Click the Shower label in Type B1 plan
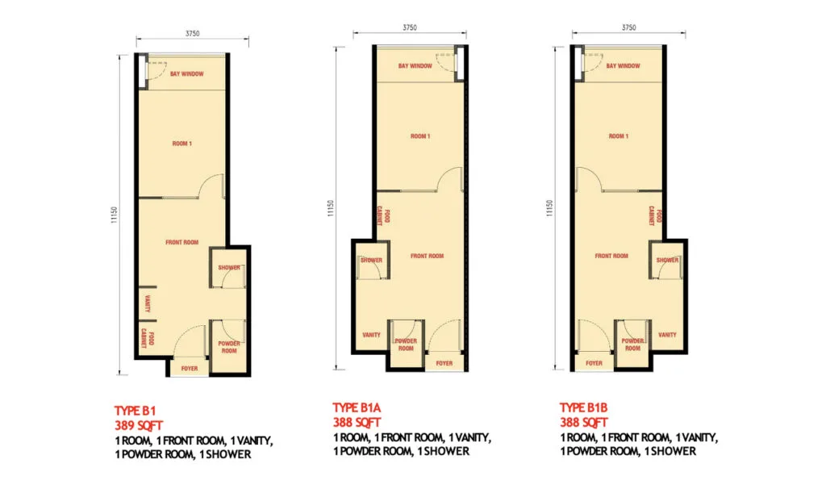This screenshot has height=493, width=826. [229, 267]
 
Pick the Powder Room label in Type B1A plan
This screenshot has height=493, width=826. [406, 345]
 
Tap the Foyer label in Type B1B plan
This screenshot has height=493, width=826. [594, 363]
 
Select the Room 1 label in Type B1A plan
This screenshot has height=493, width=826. [419, 136]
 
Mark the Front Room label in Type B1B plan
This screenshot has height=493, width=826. [611, 256]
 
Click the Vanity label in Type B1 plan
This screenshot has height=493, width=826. [148, 304]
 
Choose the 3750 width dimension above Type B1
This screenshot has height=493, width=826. [191, 33]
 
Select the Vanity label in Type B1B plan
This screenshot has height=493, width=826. [667, 334]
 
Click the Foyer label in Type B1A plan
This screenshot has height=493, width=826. [444, 363]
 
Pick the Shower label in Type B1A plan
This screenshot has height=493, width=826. [372, 260]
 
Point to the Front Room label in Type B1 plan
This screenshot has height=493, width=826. [182, 242]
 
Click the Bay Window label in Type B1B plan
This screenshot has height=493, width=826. [623, 66]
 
